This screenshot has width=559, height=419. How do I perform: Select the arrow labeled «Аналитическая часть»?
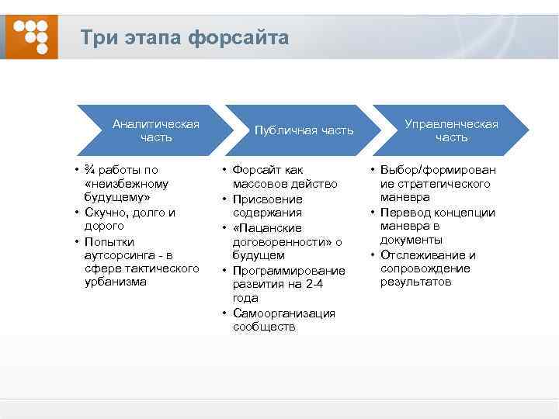(x=155, y=130)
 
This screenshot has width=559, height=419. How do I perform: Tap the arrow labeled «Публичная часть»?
(x=304, y=130)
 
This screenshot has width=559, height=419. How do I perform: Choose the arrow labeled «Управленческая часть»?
(x=451, y=130)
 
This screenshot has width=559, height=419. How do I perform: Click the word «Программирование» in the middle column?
(x=289, y=270)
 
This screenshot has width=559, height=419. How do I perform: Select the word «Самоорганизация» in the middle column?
(x=284, y=313)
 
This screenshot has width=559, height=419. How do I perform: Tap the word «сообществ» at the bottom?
(x=264, y=327)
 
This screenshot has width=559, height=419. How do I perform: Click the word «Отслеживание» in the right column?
(x=428, y=255)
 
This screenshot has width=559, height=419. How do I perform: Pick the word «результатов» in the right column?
(x=415, y=282)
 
